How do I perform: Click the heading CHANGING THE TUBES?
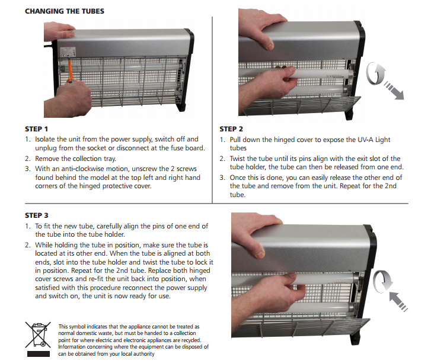point(65,11)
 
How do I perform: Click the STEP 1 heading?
point(37,129)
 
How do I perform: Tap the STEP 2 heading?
point(231,129)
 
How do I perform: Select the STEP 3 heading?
point(37,215)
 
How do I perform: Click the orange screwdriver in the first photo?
point(71,71)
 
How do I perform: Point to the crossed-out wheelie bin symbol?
point(38,334)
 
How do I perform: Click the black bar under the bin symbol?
point(39,354)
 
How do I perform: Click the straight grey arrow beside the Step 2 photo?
point(394,91)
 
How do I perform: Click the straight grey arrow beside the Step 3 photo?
point(398,301)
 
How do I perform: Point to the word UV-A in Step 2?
point(365,140)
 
